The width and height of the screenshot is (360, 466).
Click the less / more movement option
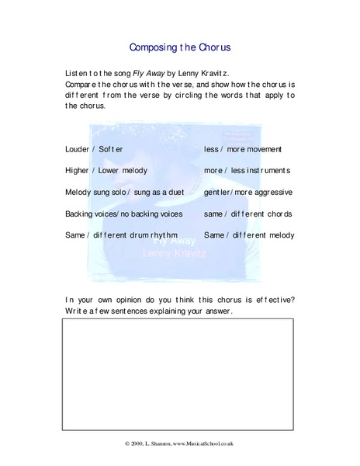[x=243, y=148]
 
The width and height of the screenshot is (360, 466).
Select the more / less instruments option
[x=246, y=169]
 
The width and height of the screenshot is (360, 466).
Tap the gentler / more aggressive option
[x=247, y=191]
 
